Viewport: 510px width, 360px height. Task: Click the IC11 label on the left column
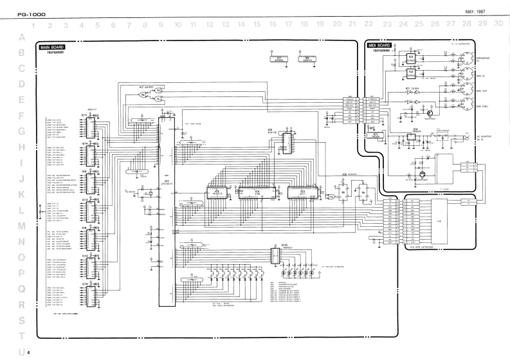click(84, 115)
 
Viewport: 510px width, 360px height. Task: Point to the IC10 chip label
click(284, 245)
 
